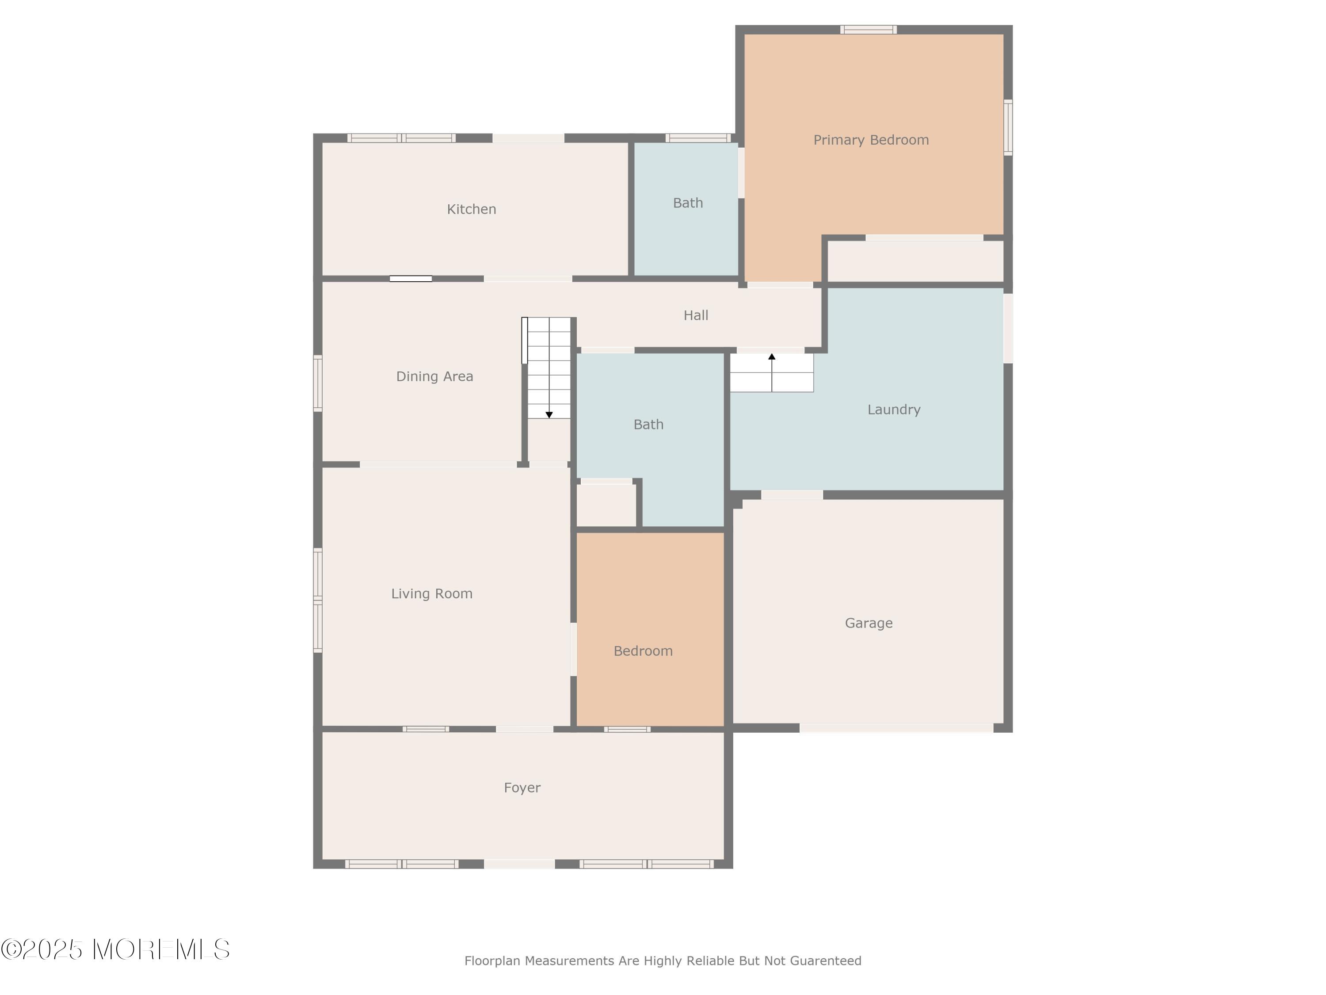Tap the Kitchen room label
471,209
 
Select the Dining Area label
434,377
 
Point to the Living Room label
431,594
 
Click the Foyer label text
522,788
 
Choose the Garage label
869,623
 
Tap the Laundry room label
894,409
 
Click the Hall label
696,315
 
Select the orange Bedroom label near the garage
643,651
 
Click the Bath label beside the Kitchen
688,203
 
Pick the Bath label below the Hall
648,425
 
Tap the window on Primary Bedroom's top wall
869,29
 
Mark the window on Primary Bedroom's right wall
1008,128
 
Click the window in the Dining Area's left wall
318,384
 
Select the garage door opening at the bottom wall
896,728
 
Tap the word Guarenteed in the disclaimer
826,961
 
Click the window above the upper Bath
698,138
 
